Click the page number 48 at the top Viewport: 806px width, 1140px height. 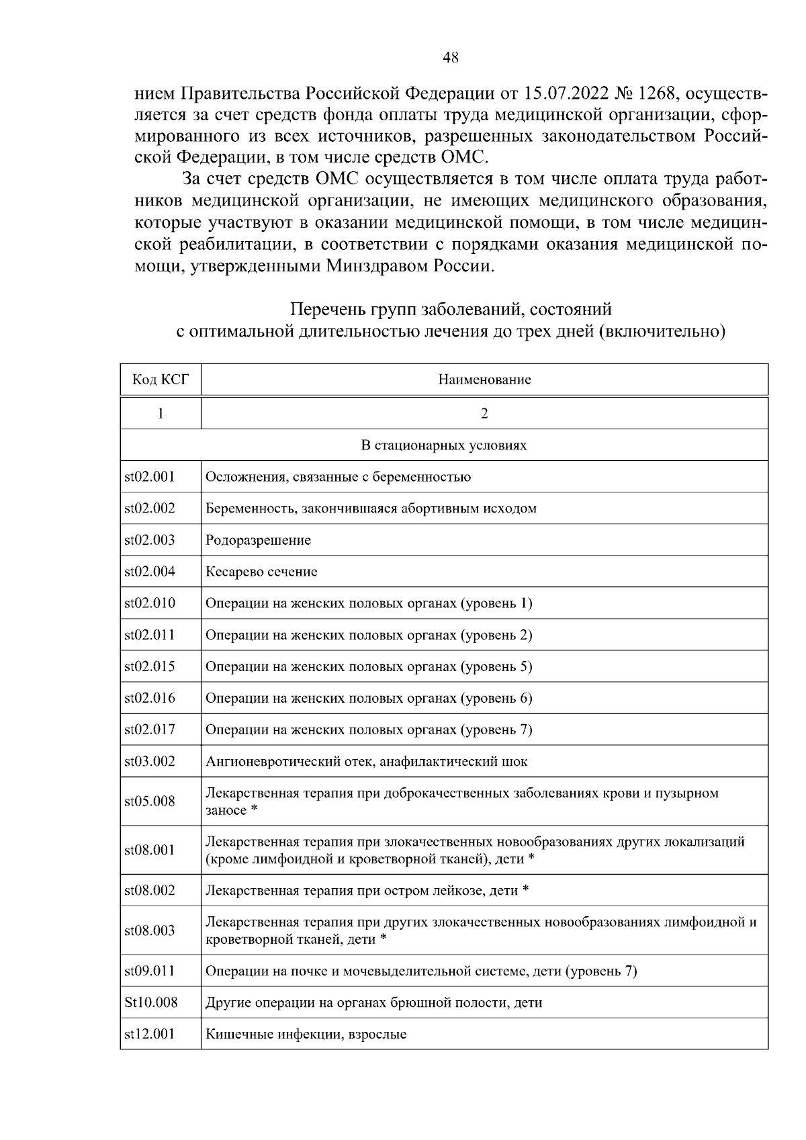[x=451, y=58]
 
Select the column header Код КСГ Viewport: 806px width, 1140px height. [x=161, y=380]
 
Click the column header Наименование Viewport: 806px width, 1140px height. [x=484, y=380]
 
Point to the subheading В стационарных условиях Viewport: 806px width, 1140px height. [x=444, y=445]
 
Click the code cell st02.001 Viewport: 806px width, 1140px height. [x=150, y=477]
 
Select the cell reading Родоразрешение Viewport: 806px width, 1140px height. [x=258, y=540]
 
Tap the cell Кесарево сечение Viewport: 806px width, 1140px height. [x=261, y=572]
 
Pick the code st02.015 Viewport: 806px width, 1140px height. [x=150, y=666]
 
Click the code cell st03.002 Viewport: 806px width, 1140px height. [x=150, y=761]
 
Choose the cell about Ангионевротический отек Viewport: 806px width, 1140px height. [x=366, y=762]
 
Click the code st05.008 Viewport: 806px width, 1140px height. [x=150, y=801]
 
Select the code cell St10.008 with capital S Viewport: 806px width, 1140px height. [x=151, y=1002]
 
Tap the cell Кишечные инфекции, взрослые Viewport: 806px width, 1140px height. [x=306, y=1035]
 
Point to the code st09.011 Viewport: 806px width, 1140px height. [x=150, y=971]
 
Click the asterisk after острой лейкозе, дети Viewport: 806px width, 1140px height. [x=526, y=890]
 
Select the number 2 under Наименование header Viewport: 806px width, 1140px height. [x=484, y=413]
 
